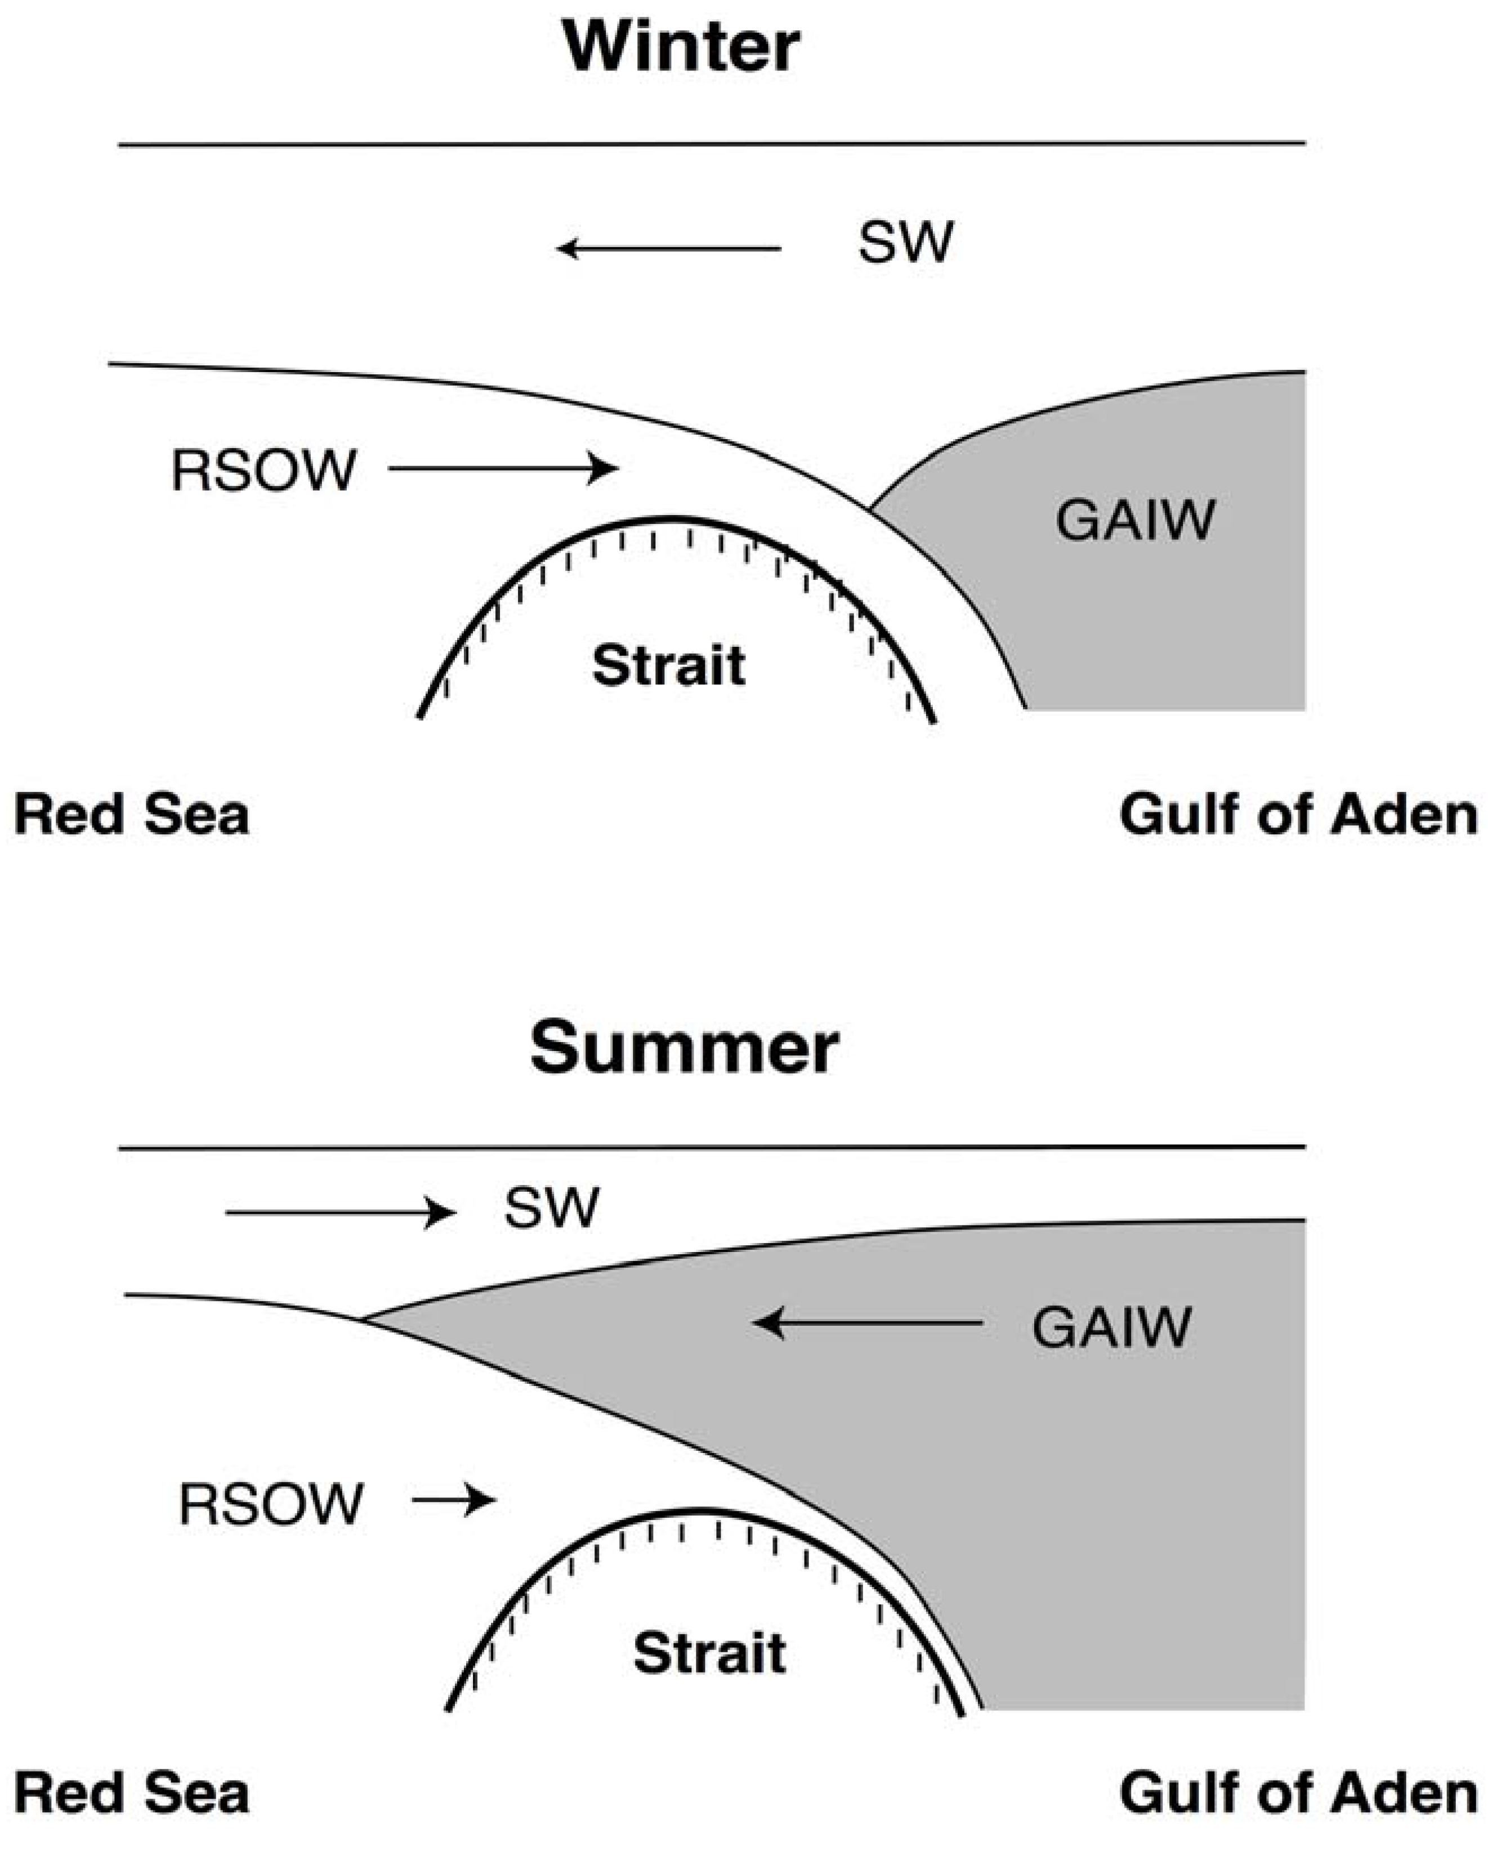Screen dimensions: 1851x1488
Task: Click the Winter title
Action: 681,47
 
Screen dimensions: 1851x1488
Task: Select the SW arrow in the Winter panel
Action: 670,249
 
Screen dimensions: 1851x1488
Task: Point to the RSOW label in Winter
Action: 263,471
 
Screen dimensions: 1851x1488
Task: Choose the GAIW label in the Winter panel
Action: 1135,520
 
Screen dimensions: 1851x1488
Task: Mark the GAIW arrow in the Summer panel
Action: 867,1322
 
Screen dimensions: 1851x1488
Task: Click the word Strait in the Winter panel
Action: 669,665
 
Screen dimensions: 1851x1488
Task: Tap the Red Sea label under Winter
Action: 131,815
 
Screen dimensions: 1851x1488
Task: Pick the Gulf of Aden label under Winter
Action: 1298,815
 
